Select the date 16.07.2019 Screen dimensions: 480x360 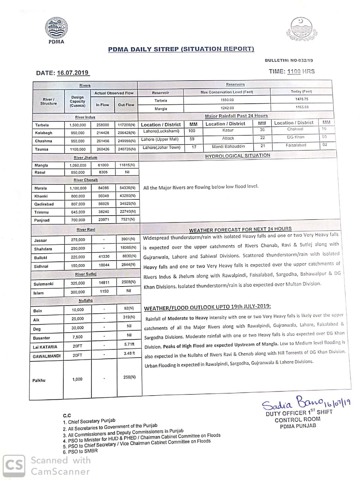73,73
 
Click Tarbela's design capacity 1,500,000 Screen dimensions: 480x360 78,125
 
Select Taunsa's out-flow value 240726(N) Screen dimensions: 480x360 126,149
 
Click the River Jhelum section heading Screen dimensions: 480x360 85,157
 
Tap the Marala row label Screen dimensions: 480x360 41,188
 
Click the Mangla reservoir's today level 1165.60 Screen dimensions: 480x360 301,107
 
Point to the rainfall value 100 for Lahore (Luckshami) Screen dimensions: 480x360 192,131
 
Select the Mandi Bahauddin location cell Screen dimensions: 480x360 228,146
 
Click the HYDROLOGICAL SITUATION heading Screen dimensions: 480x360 237,156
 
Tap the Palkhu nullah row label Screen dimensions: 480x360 39,380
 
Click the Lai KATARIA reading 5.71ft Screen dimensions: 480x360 129,344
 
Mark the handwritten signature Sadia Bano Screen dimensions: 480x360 292,403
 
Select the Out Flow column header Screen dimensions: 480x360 126,105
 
